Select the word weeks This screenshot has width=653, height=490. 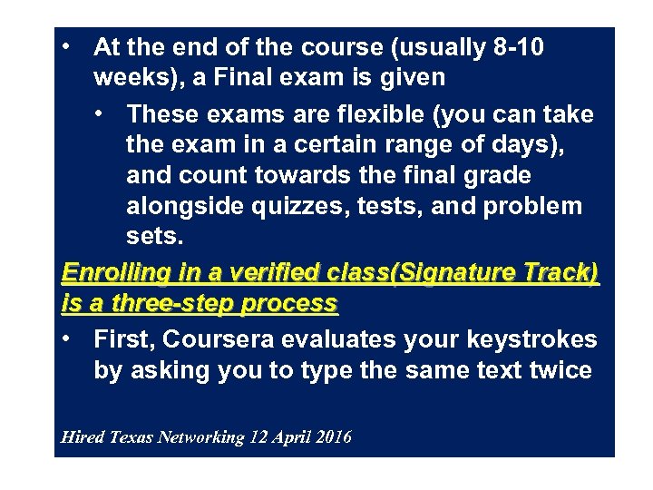coord(128,78)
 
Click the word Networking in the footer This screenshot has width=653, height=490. coord(201,438)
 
